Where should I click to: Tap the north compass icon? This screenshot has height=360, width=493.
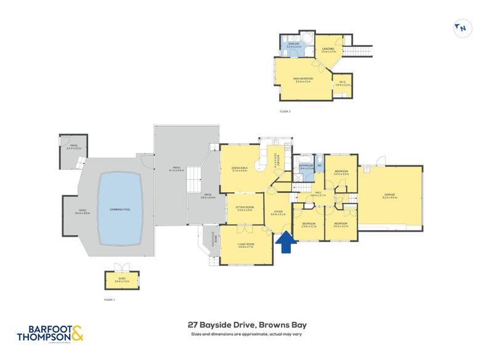pos(462,27)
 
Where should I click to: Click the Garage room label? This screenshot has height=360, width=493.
pos(391,195)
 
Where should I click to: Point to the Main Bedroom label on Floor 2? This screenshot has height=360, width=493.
pos(304,80)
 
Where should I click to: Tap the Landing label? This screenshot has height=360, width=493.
pos(328,50)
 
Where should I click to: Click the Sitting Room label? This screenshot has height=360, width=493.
pos(245,208)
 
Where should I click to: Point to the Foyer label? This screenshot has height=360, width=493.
pos(278,213)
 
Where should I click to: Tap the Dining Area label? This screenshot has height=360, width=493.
pos(239,168)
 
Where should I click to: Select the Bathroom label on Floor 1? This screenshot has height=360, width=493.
pos(306,166)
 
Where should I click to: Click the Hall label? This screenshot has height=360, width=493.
pos(319,193)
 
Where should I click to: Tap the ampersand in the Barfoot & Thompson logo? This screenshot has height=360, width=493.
pos(78,333)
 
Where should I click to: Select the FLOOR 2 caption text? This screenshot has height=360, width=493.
pos(285,111)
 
